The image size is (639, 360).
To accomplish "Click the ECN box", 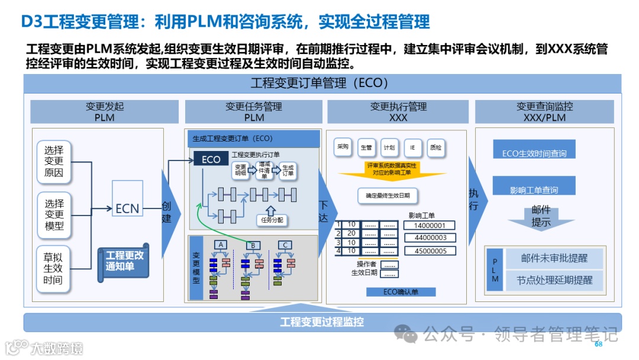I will coord(127,208).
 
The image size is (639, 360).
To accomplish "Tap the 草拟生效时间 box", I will coord(53,268).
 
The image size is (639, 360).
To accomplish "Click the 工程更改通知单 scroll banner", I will coord(124,261).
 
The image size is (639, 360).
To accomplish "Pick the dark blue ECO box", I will coord(211,159).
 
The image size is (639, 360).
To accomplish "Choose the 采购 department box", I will coord(343,147).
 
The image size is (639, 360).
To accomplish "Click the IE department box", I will coord(412,147).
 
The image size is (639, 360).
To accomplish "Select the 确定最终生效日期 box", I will coord(388,195).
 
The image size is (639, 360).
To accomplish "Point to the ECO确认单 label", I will coord(401,292).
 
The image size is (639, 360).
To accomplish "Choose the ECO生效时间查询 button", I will coord(534,153).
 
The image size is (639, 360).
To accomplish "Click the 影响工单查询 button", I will coord(534,190).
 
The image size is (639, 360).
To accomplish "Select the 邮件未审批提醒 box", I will coord(554,259).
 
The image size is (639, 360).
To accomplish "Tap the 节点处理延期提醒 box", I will coord(554,280).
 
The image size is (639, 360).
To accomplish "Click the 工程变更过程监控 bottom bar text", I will coord(322,322).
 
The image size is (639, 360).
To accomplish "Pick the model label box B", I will coord(253,245).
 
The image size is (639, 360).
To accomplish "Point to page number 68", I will coord(598,344).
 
